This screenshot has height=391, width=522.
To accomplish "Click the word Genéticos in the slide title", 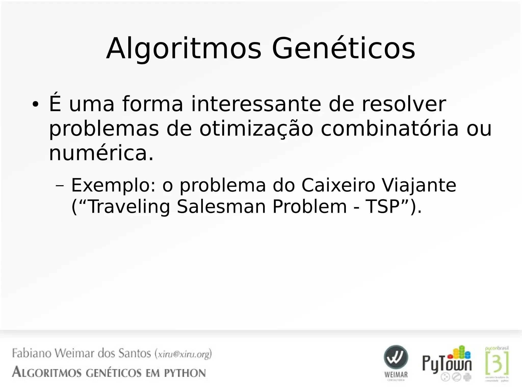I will coord(344,48).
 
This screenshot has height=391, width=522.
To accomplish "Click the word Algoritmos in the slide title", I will coord(184,48).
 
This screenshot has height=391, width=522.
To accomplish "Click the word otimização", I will coord(256,129).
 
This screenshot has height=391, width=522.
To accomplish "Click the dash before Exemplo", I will coord(60,186).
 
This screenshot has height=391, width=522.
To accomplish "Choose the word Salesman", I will coord(221,207).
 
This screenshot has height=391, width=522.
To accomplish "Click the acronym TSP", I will coord(382,207).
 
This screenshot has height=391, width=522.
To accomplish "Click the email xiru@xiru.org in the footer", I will coord(183,354).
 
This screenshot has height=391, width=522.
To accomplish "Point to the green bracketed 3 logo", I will coord(497,362).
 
